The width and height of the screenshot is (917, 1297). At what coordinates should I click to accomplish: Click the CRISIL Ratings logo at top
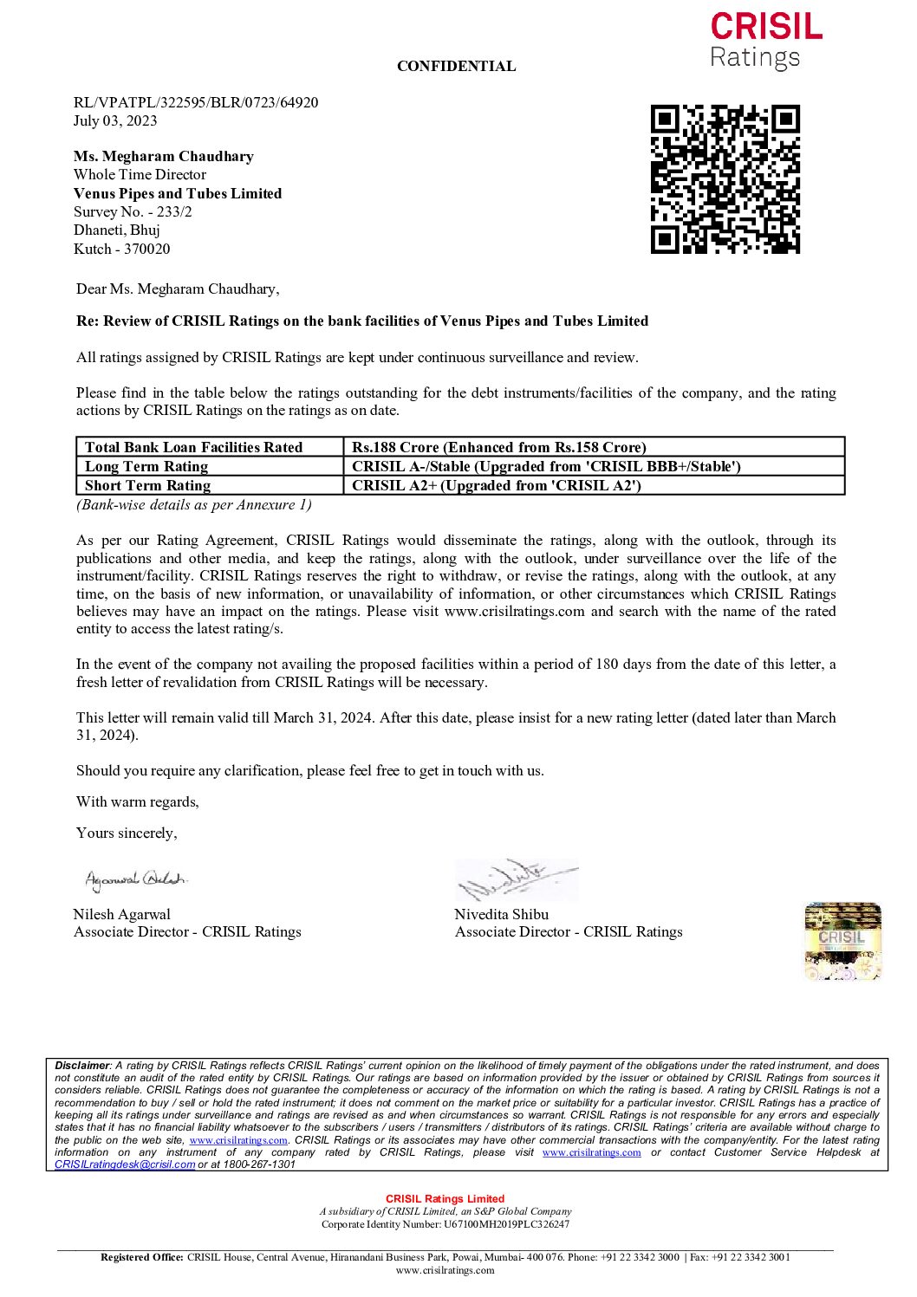click(x=765, y=41)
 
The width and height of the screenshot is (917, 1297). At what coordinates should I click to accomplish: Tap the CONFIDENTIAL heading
click(x=456, y=66)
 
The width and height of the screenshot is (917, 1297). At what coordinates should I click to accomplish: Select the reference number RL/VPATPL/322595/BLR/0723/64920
click(x=196, y=102)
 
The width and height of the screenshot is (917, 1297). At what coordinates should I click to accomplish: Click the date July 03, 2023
click(x=115, y=120)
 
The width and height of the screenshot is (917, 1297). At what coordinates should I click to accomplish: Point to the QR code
click(x=725, y=179)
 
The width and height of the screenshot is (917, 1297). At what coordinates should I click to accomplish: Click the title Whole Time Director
click(x=140, y=174)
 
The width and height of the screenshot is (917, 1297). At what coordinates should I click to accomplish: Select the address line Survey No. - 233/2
click(x=133, y=211)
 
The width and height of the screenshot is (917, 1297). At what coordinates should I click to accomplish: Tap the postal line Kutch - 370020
click(x=121, y=249)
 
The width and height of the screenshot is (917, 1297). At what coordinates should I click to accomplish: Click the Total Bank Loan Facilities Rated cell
click(x=193, y=447)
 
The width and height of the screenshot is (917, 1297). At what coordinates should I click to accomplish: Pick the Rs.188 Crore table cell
click(x=498, y=447)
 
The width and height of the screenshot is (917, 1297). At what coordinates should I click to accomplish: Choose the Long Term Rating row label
click(x=146, y=466)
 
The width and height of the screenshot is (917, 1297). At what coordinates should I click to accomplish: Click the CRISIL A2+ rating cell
click(x=496, y=485)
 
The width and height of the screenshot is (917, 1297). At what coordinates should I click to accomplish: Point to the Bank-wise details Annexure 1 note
click(x=193, y=504)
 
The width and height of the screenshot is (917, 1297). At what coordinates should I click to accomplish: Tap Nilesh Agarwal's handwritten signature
click(x=135, y=879)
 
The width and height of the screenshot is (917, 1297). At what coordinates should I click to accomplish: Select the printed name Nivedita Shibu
click(x=501, y=914)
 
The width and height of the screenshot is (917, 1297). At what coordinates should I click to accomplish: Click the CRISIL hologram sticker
click(x=842, y=941)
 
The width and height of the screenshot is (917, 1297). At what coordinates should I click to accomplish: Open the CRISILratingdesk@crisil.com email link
click(x=125, y=1164)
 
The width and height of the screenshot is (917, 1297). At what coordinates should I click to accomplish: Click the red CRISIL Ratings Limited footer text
click(x=445, y=1199)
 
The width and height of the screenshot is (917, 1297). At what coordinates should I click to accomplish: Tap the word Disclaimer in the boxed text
click(x=82, y=1066)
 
